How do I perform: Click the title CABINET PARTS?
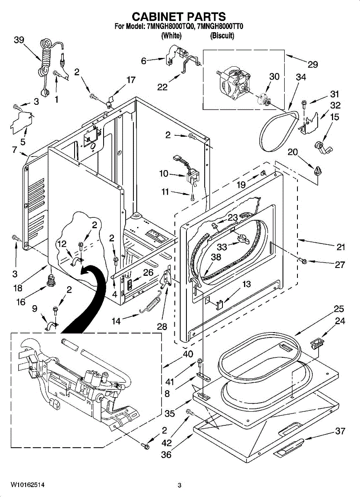click(179, 17)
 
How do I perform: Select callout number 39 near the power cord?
click(19, 40)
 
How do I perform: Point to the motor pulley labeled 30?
click(262, 100)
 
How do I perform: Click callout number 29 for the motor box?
click(312, 64)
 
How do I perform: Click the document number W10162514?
click(28, 484)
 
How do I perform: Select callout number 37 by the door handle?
click(340, 431)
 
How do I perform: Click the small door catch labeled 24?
click(317, 342)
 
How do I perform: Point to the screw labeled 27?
click(302, 261)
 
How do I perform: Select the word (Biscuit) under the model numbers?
click(222, 36)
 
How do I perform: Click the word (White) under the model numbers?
click(171, 36)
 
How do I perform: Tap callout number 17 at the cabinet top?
click(131, 80)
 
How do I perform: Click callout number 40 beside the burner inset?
click(188, 354)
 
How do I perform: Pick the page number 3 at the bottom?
click(179, 485)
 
